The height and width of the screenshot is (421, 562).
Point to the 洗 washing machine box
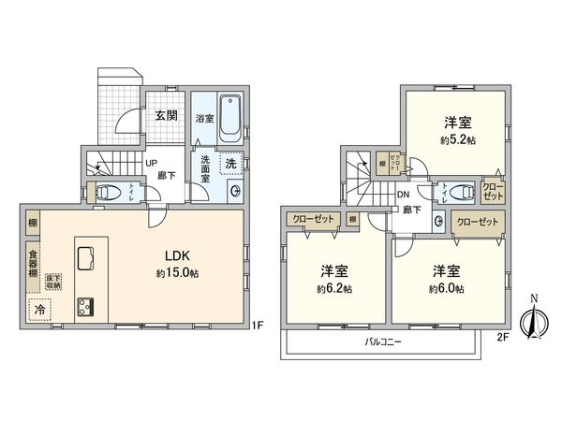pyautogui.click(x=231, y=163)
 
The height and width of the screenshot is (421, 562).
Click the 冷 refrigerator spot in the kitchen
pyautogui.click(x=39, y=307)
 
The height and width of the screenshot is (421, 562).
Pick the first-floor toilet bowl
pyautogui.click(x=107, y=194)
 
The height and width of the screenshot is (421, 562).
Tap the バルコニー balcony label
pyautogui.click(x=384, y=342)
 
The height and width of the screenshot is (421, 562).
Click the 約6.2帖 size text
pyautogui.click(x=335, y=288)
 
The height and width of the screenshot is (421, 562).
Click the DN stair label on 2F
pyautogui.click(x=403, y=195)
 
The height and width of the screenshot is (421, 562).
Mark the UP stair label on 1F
pyautogui.click(x=149, y=161)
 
